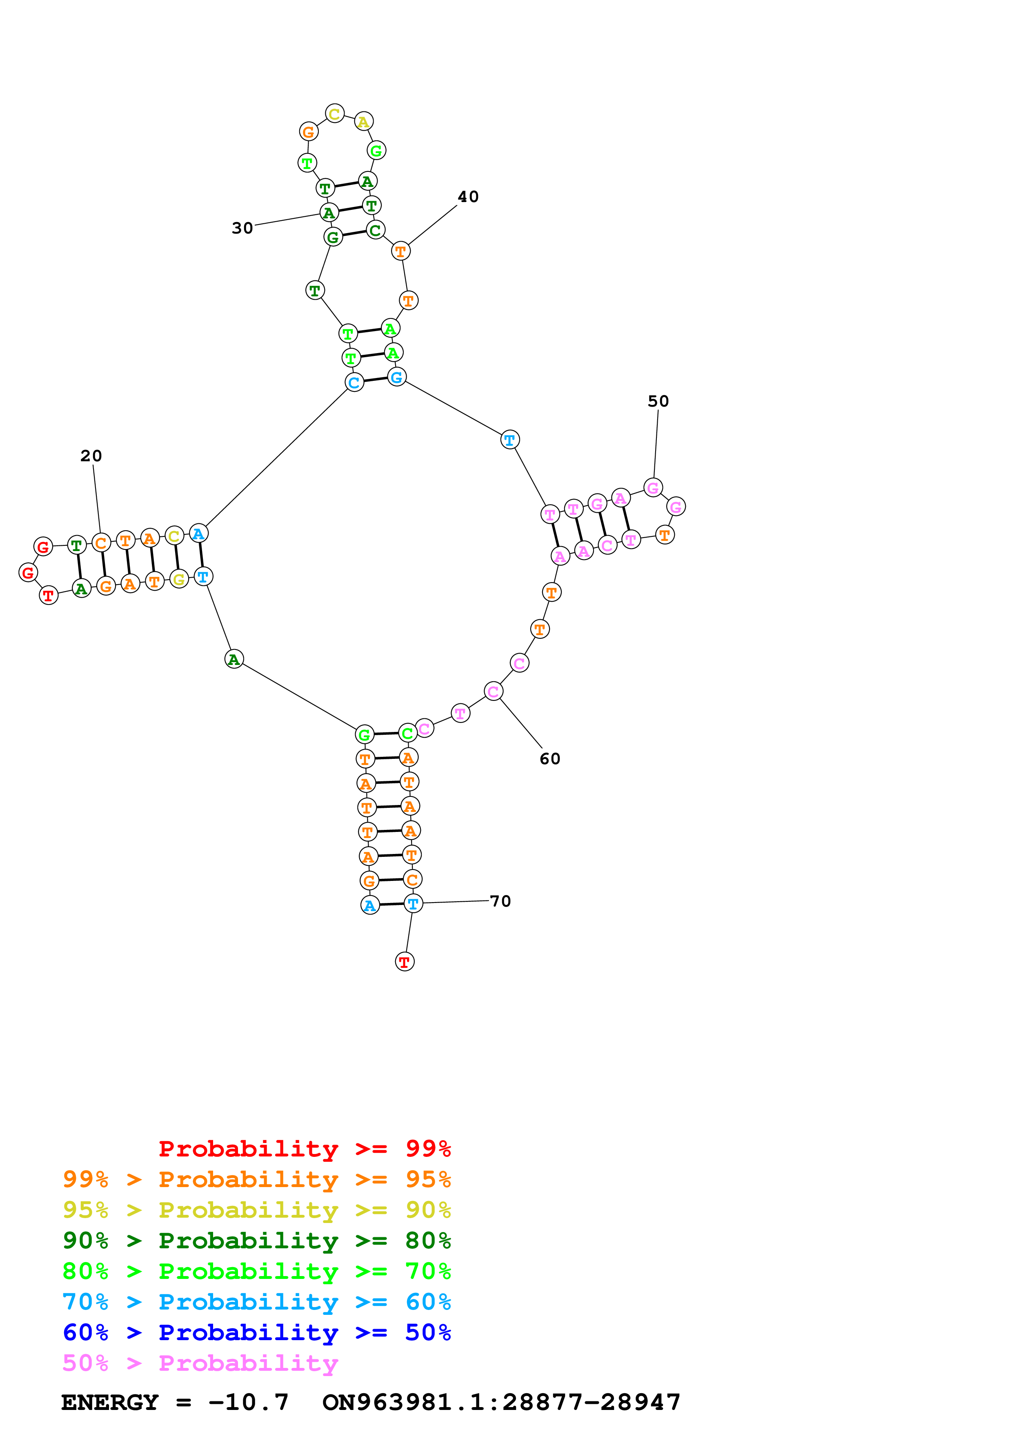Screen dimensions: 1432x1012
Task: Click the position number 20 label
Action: pyautogui.click(x=91, y=456)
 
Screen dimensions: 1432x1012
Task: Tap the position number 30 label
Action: pyautogui.click(x=242, y=228)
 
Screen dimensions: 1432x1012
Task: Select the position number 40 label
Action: pyautogui.click(x=468, y=197)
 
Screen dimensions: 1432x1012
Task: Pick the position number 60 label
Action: pyautogui.click(x=550, y=759)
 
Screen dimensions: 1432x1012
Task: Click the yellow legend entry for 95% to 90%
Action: pyautogui.click(x=256, y=1210)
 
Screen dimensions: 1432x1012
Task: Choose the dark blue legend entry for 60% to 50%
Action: pyautogui.click(x=256, y=1332)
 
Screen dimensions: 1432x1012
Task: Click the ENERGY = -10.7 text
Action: pyautogui.click(x=175, y=1402)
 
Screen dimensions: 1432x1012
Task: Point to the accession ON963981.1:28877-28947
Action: pyautogui.click(x=501, y=1402)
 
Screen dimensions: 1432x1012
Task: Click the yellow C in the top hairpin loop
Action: pyautogui.click(x=335, y=113)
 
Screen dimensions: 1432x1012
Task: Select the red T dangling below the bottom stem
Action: pyautogui.click(x=405, y=962)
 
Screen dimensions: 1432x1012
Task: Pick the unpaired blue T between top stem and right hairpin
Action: pyautogui.click(x=510, y=440)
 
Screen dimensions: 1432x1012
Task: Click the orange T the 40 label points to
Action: pyautogui.click(x=401, y=251)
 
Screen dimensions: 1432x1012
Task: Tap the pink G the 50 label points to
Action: pyautogui.click(x=653, y=488)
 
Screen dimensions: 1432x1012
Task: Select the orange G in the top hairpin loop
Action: pyautogui.click(x=309, y=131)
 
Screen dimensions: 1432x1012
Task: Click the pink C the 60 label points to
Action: pyautogui.click(x=493, y=691)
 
